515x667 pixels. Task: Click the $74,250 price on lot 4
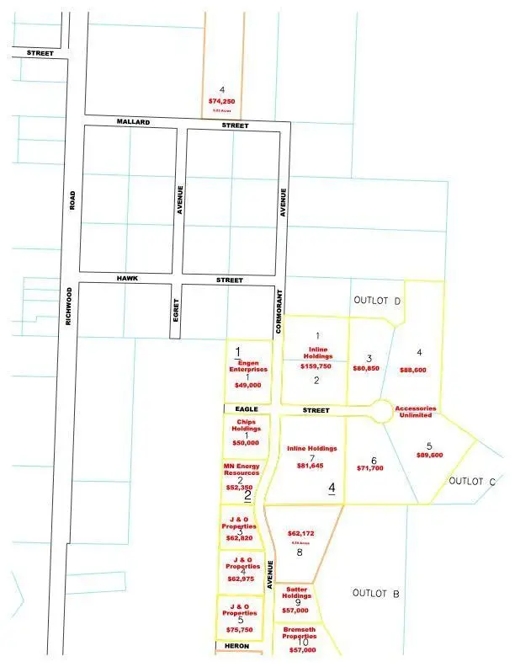click(221, 101)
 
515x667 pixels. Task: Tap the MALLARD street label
click(133, 123)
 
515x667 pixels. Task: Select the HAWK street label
click(128, 279)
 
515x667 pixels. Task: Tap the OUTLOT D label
click(377, 301)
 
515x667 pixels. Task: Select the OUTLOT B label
click(375, 594)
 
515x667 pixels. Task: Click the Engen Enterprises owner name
click(247, 366)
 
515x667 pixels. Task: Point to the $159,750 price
click(316, 366)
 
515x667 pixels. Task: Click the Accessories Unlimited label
click(413, 411)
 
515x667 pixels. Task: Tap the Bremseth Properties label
click(299, 632)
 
